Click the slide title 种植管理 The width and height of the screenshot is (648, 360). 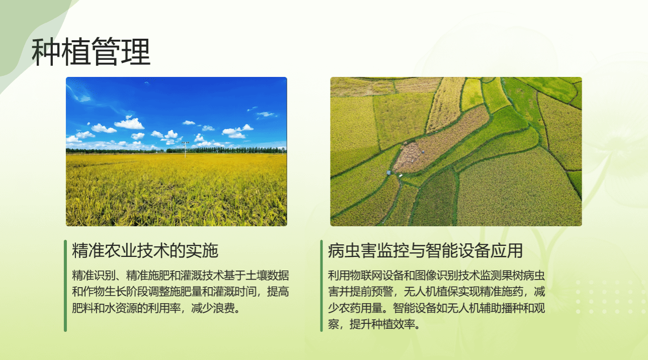click(91, 52)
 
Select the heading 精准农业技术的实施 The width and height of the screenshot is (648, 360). click(145, 250)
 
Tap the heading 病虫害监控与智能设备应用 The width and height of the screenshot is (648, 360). click(425, 250)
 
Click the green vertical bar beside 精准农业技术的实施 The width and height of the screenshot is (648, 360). click(65, 286)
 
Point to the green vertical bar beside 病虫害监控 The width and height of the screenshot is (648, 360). click(321, 286)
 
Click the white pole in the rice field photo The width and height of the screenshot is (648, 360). click(185, 149)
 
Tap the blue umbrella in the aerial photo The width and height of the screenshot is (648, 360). click(389, 172)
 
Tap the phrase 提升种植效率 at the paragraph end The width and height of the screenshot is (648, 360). click(382, 324)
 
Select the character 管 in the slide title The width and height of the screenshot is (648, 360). click(106, 52)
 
